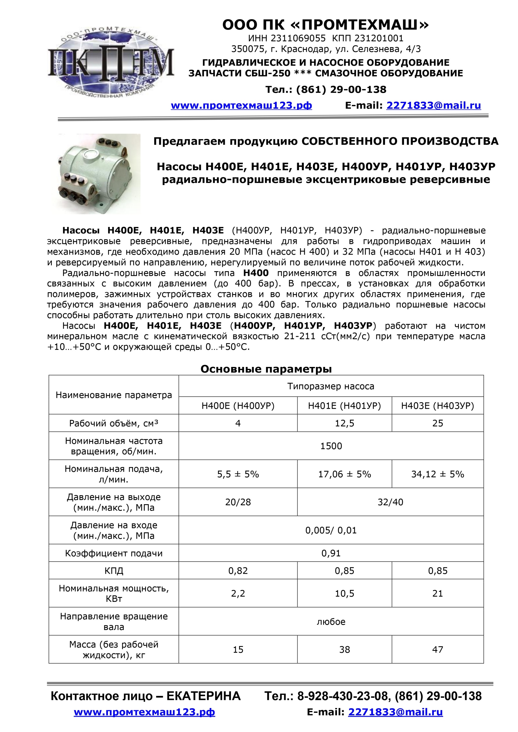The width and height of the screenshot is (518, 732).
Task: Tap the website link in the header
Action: click(x=241, y=105)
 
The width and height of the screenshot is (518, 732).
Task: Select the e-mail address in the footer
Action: click(x=395, y=712)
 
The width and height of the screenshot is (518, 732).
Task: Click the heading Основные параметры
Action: click(x=266, y=369)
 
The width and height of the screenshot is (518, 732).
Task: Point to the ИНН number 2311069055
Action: click(x=298, y=39)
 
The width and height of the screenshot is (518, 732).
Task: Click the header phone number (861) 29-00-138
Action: click(x=341, y=90)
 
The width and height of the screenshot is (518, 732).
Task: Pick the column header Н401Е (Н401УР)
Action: click(x=344, y=406)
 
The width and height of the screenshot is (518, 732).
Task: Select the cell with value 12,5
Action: click(x=344, y=423)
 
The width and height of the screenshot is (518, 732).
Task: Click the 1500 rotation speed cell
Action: click(x=331, y=446)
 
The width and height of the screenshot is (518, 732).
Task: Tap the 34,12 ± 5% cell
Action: click(x=437, y=474)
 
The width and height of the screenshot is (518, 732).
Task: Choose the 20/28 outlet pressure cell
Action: click(x=238, y=502)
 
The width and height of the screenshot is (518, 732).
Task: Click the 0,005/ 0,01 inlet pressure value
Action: click(x=331, y=530)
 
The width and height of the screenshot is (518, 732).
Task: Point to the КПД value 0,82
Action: click(x=238, y=571)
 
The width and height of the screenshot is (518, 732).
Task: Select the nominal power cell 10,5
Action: click(x=344, y=593)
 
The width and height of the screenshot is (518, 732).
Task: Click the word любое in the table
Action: click(x=331, y=622)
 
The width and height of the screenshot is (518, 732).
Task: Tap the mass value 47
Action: click(x=437, y=649)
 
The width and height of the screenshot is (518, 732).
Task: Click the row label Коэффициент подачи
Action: click(x=114, y=553)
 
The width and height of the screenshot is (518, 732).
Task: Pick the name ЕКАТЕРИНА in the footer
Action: click(x=203, y=696)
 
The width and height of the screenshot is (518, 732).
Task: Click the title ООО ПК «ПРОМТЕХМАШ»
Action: click(x=325, y=25)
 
